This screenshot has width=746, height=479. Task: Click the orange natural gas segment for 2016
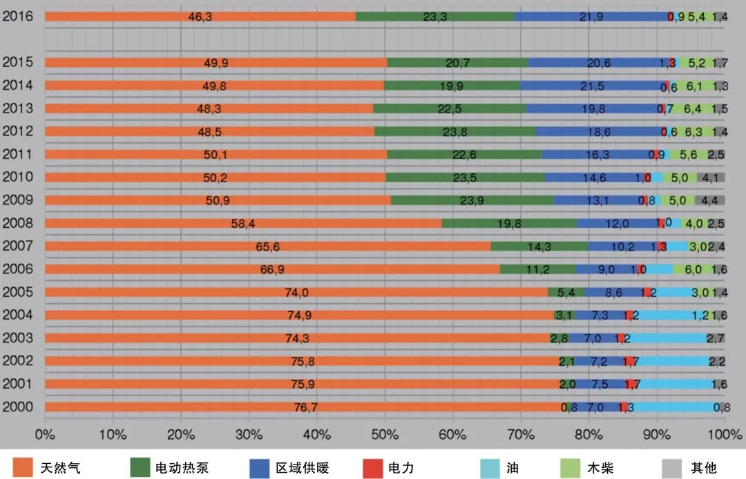200,16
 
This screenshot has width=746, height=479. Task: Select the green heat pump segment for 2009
472,201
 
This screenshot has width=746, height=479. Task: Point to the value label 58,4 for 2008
243,224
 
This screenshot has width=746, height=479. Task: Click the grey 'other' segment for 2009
710,201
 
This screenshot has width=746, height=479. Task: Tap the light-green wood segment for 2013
692,108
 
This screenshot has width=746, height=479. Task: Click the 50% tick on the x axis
384,435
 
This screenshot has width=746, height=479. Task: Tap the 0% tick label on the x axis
45,435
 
